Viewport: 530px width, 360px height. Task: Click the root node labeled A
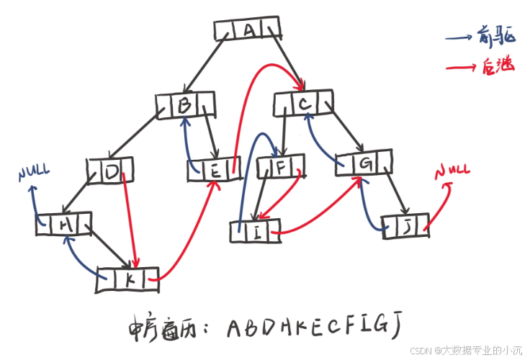[248, 30]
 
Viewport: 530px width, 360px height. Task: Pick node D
[112, 172]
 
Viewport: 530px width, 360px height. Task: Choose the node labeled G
[365, 163]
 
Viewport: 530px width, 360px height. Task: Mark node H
[65, 224]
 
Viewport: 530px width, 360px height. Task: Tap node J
[407, 228]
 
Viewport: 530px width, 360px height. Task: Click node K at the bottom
[128, 280]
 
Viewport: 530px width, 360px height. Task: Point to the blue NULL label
[35, 173]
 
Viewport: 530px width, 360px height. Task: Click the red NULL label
[452, 171]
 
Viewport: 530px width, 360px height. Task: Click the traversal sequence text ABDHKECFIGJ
[313, 328]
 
